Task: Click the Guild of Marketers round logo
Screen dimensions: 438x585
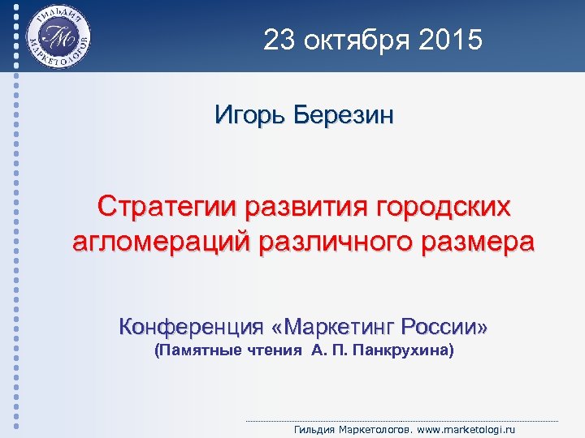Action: coord(58,36)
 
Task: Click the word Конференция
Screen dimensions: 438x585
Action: coord(192,328)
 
